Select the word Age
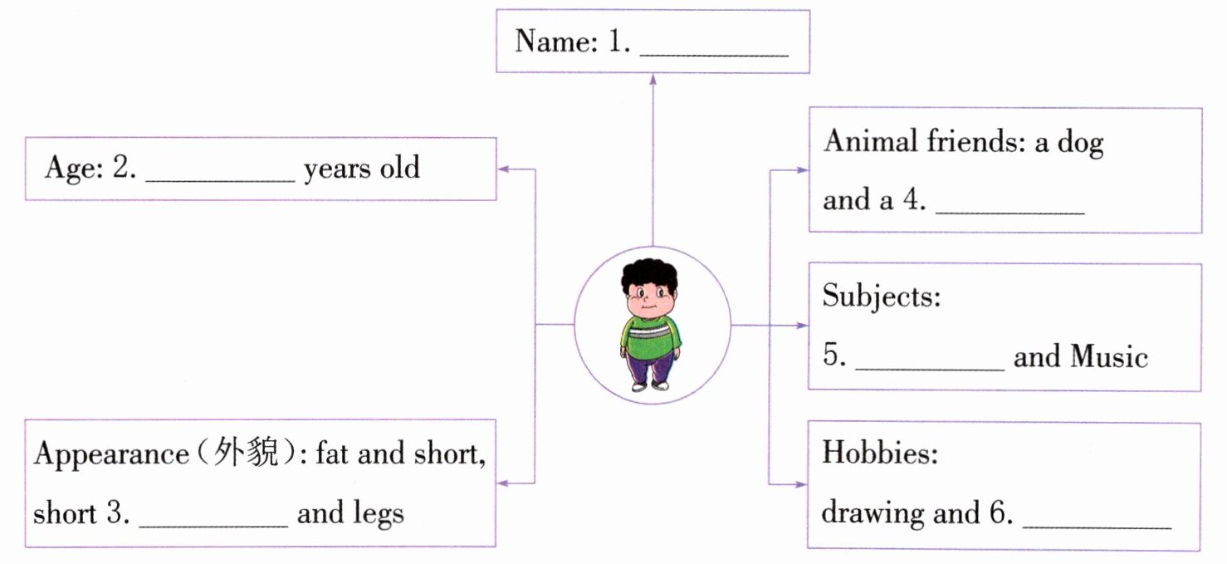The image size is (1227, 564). tap(73, 169)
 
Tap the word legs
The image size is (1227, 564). tap(376, 514)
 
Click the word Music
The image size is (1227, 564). tap(1109, 356)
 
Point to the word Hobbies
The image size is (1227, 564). tap(878, 454)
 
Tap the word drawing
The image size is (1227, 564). tap(873, 514)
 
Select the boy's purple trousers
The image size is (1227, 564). tap(651, 366)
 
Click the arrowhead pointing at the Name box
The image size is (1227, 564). tap(653, 79)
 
